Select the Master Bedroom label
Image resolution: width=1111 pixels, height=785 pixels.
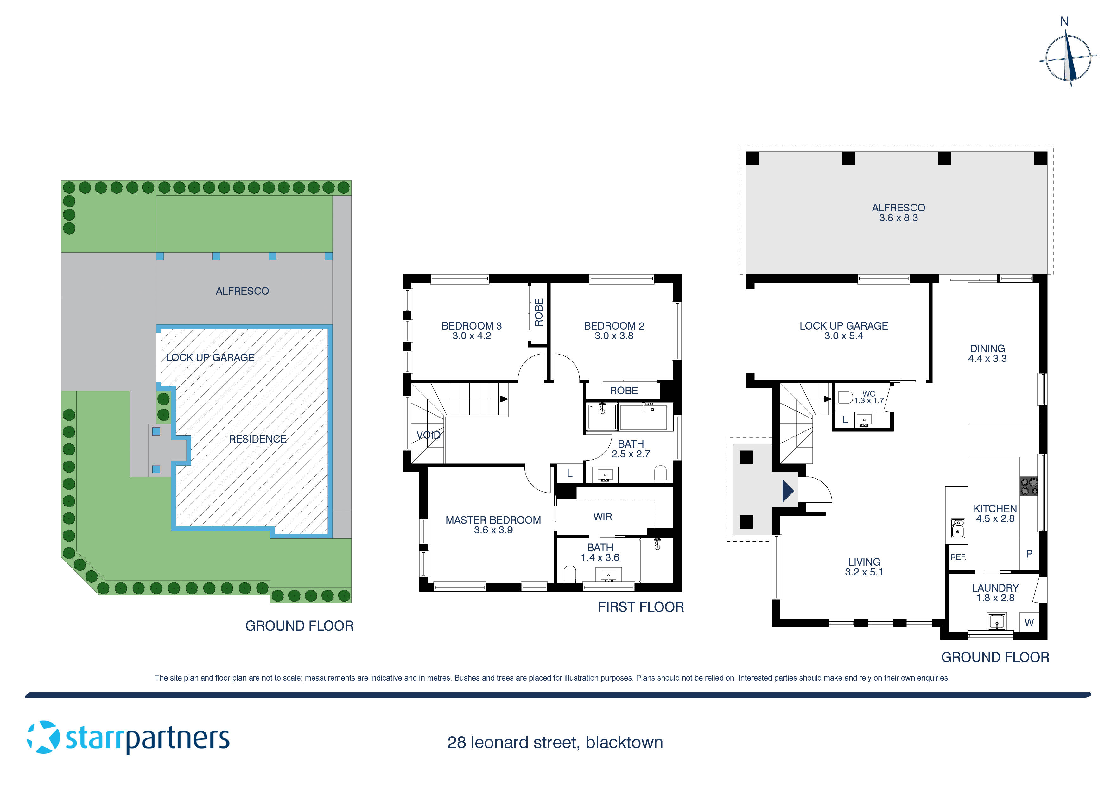tap(493, 520)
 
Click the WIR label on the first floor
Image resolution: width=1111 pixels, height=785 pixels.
tap(602, 517)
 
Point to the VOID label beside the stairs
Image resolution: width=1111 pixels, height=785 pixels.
tap(428, 435)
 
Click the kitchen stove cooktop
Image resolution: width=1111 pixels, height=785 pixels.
tap(1029, 487)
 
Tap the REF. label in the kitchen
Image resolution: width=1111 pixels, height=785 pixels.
tap(958, 557)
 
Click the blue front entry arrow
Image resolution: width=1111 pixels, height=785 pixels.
tap(788, 491)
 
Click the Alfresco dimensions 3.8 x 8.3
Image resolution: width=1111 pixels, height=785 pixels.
tap(898, 218)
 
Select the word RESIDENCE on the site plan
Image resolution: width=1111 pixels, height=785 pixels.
tap(257, 439)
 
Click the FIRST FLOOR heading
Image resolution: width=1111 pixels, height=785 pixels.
tap(641, 607)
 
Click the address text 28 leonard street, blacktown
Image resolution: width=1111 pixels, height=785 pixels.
tap(555, 743)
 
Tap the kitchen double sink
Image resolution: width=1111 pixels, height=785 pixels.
tap(957, 528)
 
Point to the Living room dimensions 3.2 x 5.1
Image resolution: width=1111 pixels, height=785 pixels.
tap(864, 572)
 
